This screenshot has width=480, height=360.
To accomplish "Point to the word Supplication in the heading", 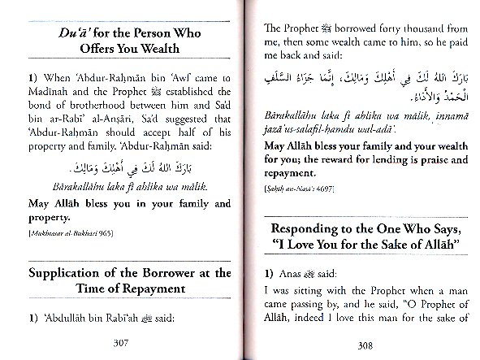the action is [x=70, y=273].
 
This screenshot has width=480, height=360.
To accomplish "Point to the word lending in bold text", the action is [x=372, y=158].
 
